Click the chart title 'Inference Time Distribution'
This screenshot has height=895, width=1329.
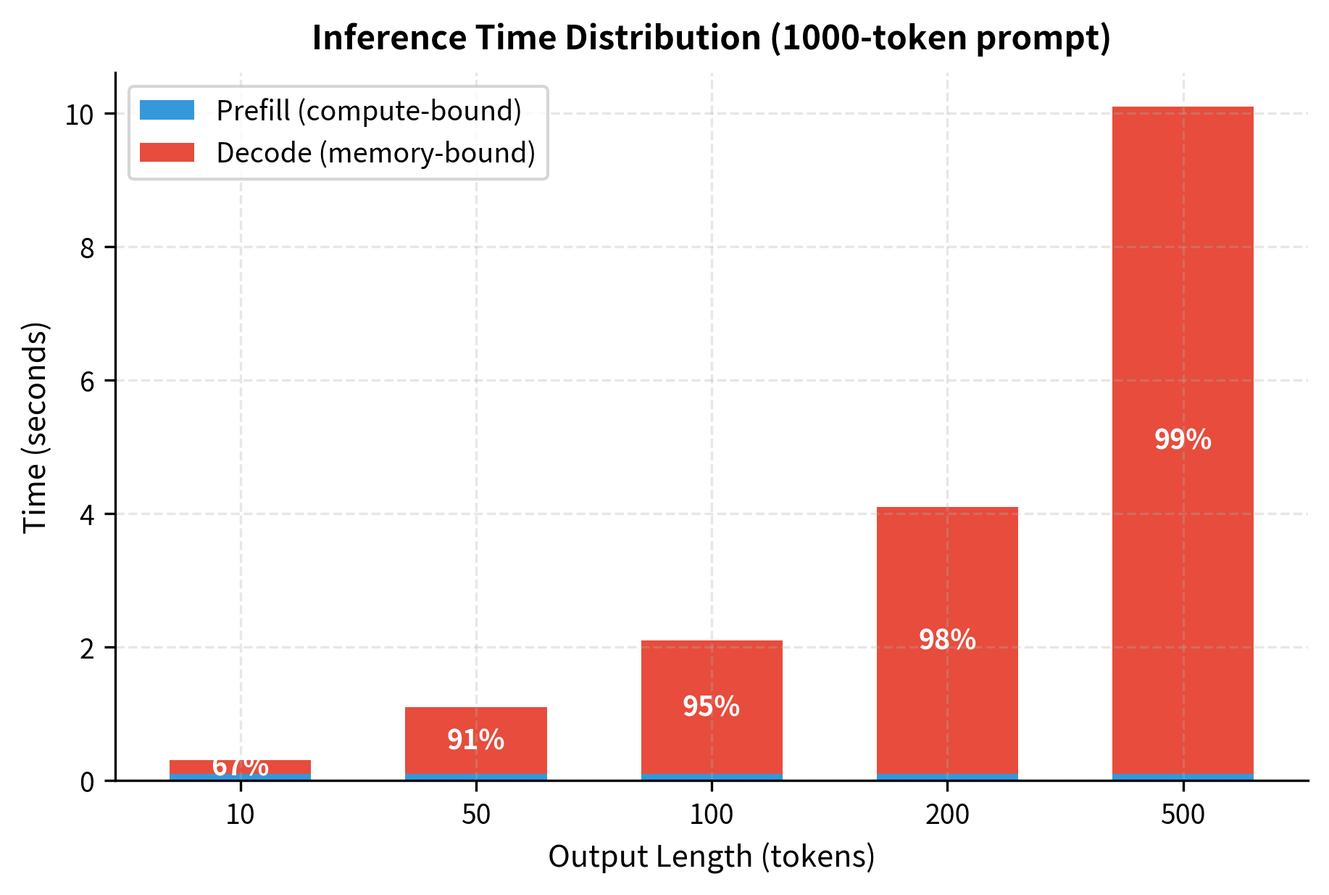point(711,38)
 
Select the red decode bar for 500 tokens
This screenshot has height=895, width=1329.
point(1183,290)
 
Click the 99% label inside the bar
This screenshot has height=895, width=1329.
point(1183,440)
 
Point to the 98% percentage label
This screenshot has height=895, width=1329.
point(947,640)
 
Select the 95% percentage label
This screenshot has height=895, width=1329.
point(711,706)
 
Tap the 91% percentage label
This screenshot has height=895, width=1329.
point(475,740)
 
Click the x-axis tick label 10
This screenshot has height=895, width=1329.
point(240,815)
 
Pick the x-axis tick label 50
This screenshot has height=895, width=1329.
point(476,815)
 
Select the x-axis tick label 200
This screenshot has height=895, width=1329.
point(947,815)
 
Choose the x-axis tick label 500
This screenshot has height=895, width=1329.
point(1183,815)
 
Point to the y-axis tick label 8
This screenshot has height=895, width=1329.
point(87,248)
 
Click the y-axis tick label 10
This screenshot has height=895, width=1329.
point(80,115)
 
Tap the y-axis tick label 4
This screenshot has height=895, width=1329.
point(87,515)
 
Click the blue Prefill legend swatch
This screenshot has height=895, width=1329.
point(167,110)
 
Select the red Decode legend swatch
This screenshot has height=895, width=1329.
point(167,152)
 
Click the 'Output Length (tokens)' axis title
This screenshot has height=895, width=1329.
point(711,857)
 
